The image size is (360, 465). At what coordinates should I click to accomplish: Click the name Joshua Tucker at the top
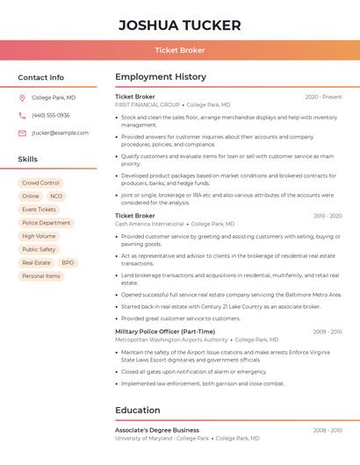click(179, 25)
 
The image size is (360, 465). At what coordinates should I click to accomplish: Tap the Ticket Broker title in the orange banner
click(179, 50)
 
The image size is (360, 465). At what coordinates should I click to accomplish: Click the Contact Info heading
click(40, 77)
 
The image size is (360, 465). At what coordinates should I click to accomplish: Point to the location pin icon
click(22, 97)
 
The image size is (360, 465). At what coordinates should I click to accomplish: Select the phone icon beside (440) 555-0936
click(22, 115)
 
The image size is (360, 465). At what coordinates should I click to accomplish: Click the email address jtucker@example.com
click(60, 133)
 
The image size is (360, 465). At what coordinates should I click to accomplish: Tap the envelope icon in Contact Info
click(22, 133)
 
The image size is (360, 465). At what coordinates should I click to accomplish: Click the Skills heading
click(28, 160)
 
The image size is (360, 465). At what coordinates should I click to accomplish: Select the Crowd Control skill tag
click(40, 182)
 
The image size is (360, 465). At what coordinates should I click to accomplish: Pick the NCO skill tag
click(56, 197)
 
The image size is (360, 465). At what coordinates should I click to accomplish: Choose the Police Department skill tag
click(46, 223)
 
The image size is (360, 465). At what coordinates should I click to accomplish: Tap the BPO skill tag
click(68, 262)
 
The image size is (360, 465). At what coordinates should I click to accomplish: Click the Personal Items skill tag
click(41, 275)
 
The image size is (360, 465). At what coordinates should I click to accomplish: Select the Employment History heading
click(160, 77)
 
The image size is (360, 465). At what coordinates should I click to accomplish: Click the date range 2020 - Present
click(323, 97)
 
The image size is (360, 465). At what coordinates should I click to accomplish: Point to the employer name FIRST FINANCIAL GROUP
click(147, 104)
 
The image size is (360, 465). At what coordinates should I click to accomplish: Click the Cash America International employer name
click(149, 224)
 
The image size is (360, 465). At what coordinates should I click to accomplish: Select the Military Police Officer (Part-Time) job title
click(164, 332)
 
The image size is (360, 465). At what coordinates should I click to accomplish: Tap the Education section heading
click(137, 410)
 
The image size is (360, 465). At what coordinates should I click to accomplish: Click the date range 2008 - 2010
click(327, 430)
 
